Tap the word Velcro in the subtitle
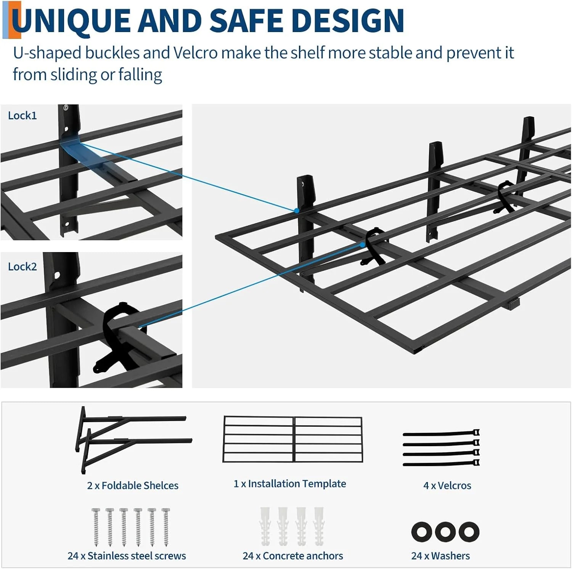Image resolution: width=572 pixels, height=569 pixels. (196, 53)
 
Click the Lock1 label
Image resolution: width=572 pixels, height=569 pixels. (22, 116)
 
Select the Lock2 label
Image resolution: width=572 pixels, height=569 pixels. (22, 267)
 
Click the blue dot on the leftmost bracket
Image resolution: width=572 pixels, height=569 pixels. (296, 211)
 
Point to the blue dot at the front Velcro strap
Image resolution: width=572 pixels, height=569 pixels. (362, 245)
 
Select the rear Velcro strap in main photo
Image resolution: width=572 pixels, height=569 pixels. (506, 196)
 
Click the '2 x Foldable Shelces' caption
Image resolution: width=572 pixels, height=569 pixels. (133, 485)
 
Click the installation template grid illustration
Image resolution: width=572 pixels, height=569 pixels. (292, 439)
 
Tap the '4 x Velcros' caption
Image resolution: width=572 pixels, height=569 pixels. (447, 485)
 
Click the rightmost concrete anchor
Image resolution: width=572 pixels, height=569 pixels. (319, 526)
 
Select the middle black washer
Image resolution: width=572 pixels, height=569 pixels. (445, 531)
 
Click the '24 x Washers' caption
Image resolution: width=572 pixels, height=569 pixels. (440, 556)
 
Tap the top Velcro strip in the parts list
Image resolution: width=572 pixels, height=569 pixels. (440, 434)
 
